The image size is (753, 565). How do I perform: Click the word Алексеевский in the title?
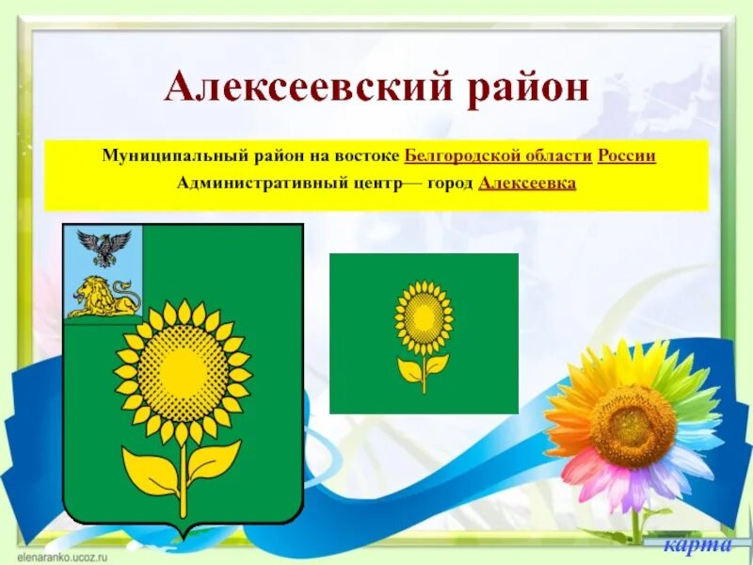[x=286, y=89]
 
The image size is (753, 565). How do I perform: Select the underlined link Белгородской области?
[x=498, y=155]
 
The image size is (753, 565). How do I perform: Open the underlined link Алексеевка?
[x=527, y=183]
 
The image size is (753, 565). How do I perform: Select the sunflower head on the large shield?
[x=183, y=372]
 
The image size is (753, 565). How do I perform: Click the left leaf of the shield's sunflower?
[x=151, y=470]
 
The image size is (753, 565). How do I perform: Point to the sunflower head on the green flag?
[x=424, y=317]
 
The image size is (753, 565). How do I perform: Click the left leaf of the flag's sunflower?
[x=410, y=369]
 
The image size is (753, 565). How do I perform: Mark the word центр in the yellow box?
[x=371, y=183]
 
